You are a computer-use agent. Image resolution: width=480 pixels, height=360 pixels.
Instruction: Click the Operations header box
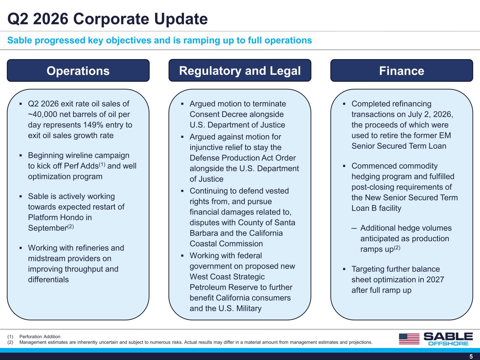(78, 70)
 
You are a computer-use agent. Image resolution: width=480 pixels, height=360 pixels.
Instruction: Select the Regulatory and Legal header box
(240, 70)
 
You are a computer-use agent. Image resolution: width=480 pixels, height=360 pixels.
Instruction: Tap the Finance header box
(402, 70)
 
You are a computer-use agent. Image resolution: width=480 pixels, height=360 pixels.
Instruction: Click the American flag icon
(409, 339)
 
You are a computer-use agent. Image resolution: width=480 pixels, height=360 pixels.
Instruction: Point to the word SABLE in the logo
(448, 336)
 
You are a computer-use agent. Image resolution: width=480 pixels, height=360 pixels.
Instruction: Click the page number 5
(471, 356)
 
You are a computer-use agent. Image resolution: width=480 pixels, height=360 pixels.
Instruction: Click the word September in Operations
(47, 228)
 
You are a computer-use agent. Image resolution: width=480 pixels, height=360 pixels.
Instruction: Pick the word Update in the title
(181, 19)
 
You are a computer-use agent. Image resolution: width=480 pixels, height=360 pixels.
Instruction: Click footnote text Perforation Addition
(40, 336)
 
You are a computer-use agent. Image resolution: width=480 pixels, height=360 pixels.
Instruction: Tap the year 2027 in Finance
(435, 279)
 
